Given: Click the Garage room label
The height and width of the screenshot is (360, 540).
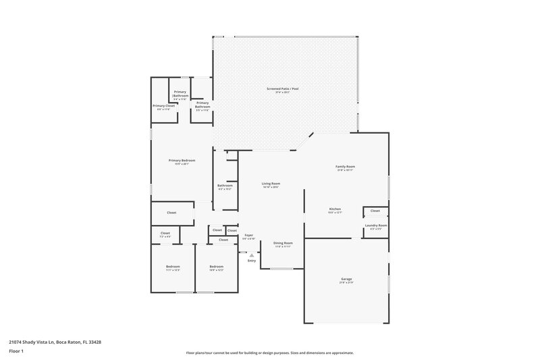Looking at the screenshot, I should [346, 278].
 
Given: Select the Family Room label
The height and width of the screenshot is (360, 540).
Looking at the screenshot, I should [346, 166].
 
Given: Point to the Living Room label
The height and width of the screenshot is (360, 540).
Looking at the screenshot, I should [271, 183].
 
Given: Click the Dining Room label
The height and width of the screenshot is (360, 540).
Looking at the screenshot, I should [283, 242].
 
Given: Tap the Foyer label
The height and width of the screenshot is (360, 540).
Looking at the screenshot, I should [249, 234].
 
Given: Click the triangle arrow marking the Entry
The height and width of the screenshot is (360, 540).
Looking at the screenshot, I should [252, 255].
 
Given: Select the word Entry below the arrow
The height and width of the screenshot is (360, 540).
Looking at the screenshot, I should [252, 261].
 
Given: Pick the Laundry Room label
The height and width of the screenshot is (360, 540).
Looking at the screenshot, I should [376, 225].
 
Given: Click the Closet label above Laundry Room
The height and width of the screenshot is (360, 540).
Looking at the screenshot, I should [375, 211].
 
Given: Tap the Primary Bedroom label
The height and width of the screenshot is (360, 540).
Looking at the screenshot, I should [182, 160].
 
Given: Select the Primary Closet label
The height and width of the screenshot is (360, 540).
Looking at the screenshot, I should [163, 105].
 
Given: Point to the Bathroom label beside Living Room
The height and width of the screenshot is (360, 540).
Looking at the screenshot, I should [225, 185].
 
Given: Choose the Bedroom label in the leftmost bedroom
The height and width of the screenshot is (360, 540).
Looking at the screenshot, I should [173, 267].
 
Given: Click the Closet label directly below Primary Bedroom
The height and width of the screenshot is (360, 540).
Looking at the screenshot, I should [171, 213].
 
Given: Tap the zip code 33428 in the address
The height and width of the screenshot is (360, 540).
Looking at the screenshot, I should [95, 342].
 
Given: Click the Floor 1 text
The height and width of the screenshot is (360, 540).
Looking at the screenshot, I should [17, 351].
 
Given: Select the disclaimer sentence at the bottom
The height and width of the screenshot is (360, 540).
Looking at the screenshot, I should [269, 353].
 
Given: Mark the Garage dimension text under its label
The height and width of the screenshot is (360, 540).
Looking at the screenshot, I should [346, 282].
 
